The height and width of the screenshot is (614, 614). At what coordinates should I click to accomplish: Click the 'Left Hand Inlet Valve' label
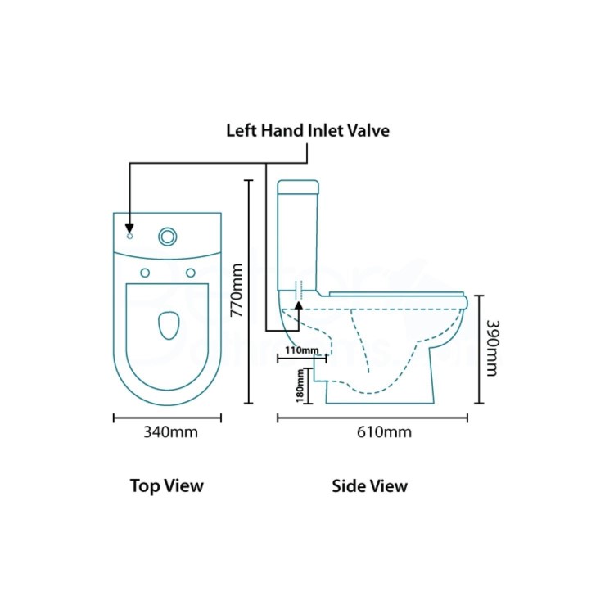(308, 130)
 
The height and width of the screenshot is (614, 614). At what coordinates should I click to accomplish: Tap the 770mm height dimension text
(237, 290)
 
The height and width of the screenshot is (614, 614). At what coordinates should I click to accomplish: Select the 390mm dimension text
(492, 349)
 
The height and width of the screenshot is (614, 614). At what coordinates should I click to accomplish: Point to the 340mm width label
(170, 432)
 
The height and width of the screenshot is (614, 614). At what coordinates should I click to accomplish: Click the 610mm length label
(384, 432)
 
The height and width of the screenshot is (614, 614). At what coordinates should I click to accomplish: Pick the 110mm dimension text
(302, 350)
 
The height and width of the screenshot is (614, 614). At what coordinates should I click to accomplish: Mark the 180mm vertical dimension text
(300, 386)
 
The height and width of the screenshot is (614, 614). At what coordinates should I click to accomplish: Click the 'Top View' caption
(167, 486)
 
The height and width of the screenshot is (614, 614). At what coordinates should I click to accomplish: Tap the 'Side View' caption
(370, 486)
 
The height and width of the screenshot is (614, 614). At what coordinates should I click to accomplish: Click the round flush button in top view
(168, 237)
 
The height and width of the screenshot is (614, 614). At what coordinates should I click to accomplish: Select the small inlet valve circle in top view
(130, 236)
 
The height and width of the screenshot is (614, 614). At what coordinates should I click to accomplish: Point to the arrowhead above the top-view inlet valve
(129, 228)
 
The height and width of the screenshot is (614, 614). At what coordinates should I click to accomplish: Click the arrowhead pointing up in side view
(299, 306)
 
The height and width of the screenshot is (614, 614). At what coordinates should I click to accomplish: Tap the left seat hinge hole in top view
(145, 273)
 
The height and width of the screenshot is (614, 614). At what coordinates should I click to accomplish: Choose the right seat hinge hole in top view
(191, 273)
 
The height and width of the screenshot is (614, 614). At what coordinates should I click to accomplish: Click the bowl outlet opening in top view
(169, 325)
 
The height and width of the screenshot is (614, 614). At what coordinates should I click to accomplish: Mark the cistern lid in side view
(298, 187)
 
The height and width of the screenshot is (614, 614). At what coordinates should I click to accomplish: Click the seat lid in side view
(397, 294)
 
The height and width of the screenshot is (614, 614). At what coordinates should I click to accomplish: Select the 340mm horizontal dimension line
(167, 418)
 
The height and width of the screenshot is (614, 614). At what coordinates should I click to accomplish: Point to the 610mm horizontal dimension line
(372, 418)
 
